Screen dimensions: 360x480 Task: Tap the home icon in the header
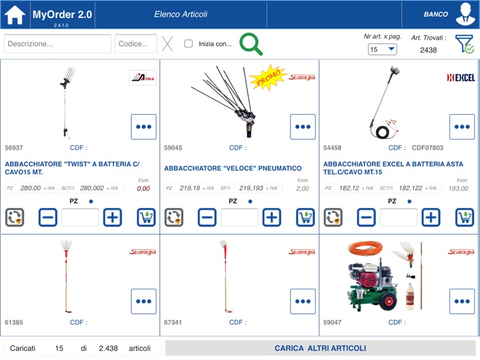[x=15, y=15]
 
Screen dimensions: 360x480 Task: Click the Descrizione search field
[x=58, y=44]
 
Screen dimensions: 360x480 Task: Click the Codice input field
[x=136, y=44]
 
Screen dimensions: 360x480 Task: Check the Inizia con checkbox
[x=188, y=44]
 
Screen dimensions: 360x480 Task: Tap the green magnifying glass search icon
[x=251, y=44]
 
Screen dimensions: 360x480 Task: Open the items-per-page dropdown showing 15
[x=382, y=49]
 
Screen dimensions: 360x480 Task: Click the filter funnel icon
[x=464, y=44]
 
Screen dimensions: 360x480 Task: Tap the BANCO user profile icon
[x=467, y=14]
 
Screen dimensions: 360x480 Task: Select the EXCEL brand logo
[x=461, y=78]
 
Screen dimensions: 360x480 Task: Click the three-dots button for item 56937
[x=143, y=127]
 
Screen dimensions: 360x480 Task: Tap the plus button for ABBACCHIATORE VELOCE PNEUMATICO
[x=272, y=217]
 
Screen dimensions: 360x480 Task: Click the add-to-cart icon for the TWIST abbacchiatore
[x=146, y=217]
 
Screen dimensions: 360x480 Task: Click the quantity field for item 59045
[x=239, y=217]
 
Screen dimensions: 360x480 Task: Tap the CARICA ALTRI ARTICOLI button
[x=320, y=348]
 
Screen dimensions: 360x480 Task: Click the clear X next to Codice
[x=168, y=44]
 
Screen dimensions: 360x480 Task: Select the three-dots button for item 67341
[x=303, y=301]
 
